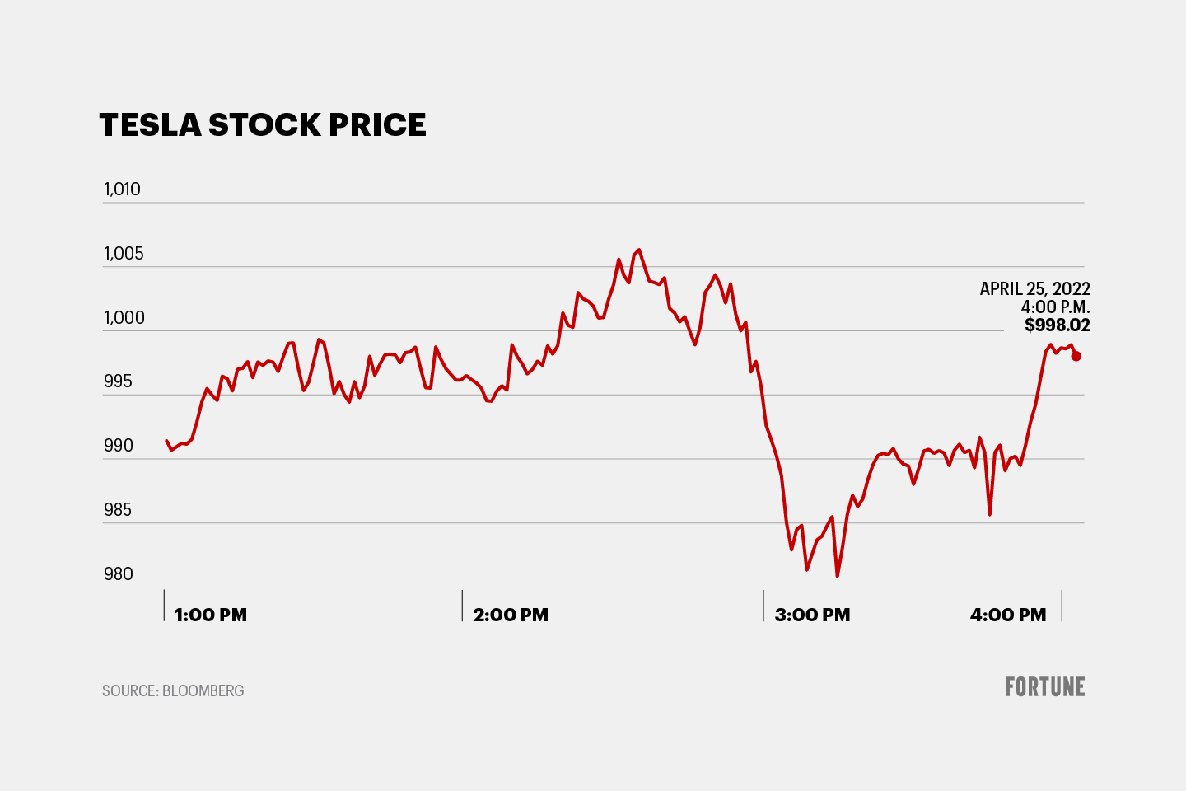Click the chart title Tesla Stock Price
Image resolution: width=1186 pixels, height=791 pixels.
[263, 125]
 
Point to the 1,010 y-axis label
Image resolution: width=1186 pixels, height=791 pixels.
[122, 190]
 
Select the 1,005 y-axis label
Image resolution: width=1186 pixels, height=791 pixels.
[124, 254]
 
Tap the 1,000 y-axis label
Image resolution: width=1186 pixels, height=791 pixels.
[124, 318]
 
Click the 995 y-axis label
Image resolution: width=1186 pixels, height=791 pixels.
[118, 381]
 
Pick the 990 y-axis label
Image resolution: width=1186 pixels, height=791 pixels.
[118, 446]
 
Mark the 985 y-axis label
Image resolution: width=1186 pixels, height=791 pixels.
[118, 510]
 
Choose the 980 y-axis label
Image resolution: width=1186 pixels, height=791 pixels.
[118, 574]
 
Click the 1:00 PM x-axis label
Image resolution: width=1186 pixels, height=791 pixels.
[211, 615]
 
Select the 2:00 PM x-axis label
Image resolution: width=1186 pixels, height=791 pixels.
[511, 615]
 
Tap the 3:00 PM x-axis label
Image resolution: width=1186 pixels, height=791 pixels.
[812, 615]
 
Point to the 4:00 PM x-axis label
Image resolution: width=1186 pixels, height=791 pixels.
[1008, 615]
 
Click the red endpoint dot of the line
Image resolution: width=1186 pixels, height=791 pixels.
[1076, 356]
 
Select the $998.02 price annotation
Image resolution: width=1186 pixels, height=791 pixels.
[1058, 325]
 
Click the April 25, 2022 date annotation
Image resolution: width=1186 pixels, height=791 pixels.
[1034, 289]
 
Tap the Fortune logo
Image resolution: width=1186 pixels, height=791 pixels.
[1045, 687]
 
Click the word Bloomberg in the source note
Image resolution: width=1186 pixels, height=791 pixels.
[203, 691]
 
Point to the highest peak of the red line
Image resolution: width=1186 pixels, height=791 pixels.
[639, 250]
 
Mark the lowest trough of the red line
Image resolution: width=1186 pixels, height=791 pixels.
[837, 576]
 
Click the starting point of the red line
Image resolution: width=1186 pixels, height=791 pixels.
[166, 441]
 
